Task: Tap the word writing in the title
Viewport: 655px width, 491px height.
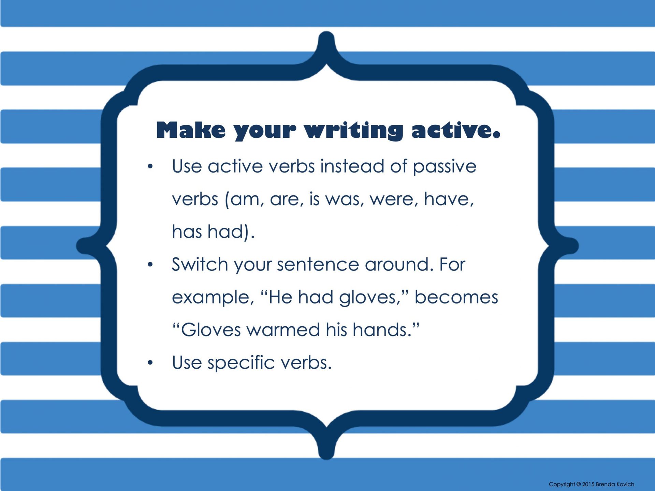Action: [354, 131]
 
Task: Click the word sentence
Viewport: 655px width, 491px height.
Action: [318, 265]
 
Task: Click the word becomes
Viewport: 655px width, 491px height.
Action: [456, 297]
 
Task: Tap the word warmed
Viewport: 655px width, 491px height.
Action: [283, 330]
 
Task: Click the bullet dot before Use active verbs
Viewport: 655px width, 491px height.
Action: [150, 166]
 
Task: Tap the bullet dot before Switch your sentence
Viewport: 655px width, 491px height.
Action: [150, 264]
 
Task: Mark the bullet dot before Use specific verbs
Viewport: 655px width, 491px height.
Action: [150, 362]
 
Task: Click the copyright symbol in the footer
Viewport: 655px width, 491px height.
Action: [578, 484]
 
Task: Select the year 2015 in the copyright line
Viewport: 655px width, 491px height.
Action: [588, 484]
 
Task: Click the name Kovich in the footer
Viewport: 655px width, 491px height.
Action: [625, 484]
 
